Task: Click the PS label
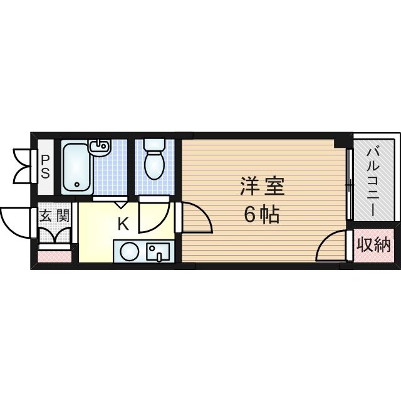click(x=45, y=167)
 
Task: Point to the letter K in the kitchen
click(x=123, y=222)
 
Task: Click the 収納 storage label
click(x=374, y=244)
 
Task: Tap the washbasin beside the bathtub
click(x=99, y=148)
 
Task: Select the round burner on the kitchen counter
click(x=129, y=252)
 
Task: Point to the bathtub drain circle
click(x=77, y=184)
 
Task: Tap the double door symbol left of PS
click(x=23, y=166)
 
